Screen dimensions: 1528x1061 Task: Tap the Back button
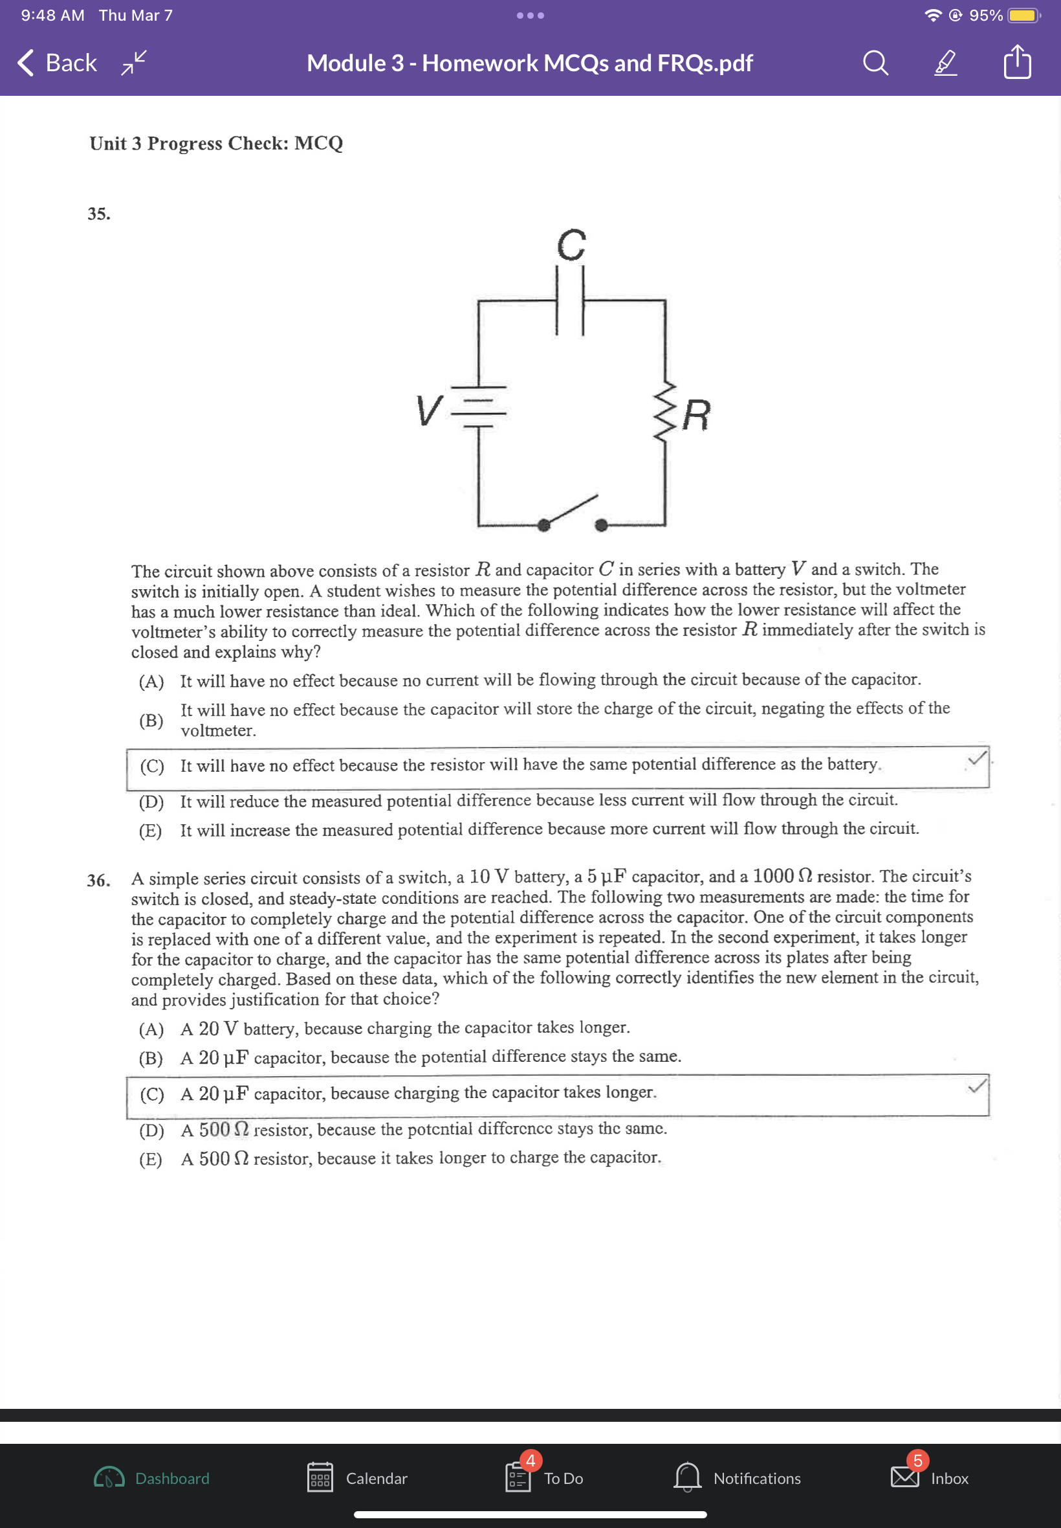tap(57, 63)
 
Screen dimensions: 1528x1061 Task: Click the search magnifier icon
tap(875, 63)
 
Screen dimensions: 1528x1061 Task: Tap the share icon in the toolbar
tap(1016, 63)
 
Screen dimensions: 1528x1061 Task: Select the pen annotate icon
tap(945, 63)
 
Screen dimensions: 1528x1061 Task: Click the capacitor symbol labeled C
tap(570, 300)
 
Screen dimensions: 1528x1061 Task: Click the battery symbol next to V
tap(479, 406)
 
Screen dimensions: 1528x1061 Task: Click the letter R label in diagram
tap(697, 415)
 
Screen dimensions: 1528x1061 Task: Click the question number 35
tap(98, 214)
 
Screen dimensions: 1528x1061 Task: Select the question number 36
tap(98, 880)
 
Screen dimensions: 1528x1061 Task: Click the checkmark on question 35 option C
tap(976, 758)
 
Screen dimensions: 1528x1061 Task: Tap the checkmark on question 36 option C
tap(976, 1086)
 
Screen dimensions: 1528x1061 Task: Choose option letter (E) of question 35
tap(150, 830)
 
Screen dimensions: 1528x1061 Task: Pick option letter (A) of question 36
tap(151, 1029)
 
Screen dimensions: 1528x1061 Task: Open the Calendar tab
tap(357, 1477)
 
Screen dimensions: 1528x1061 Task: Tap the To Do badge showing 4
tap(530, 1460)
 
